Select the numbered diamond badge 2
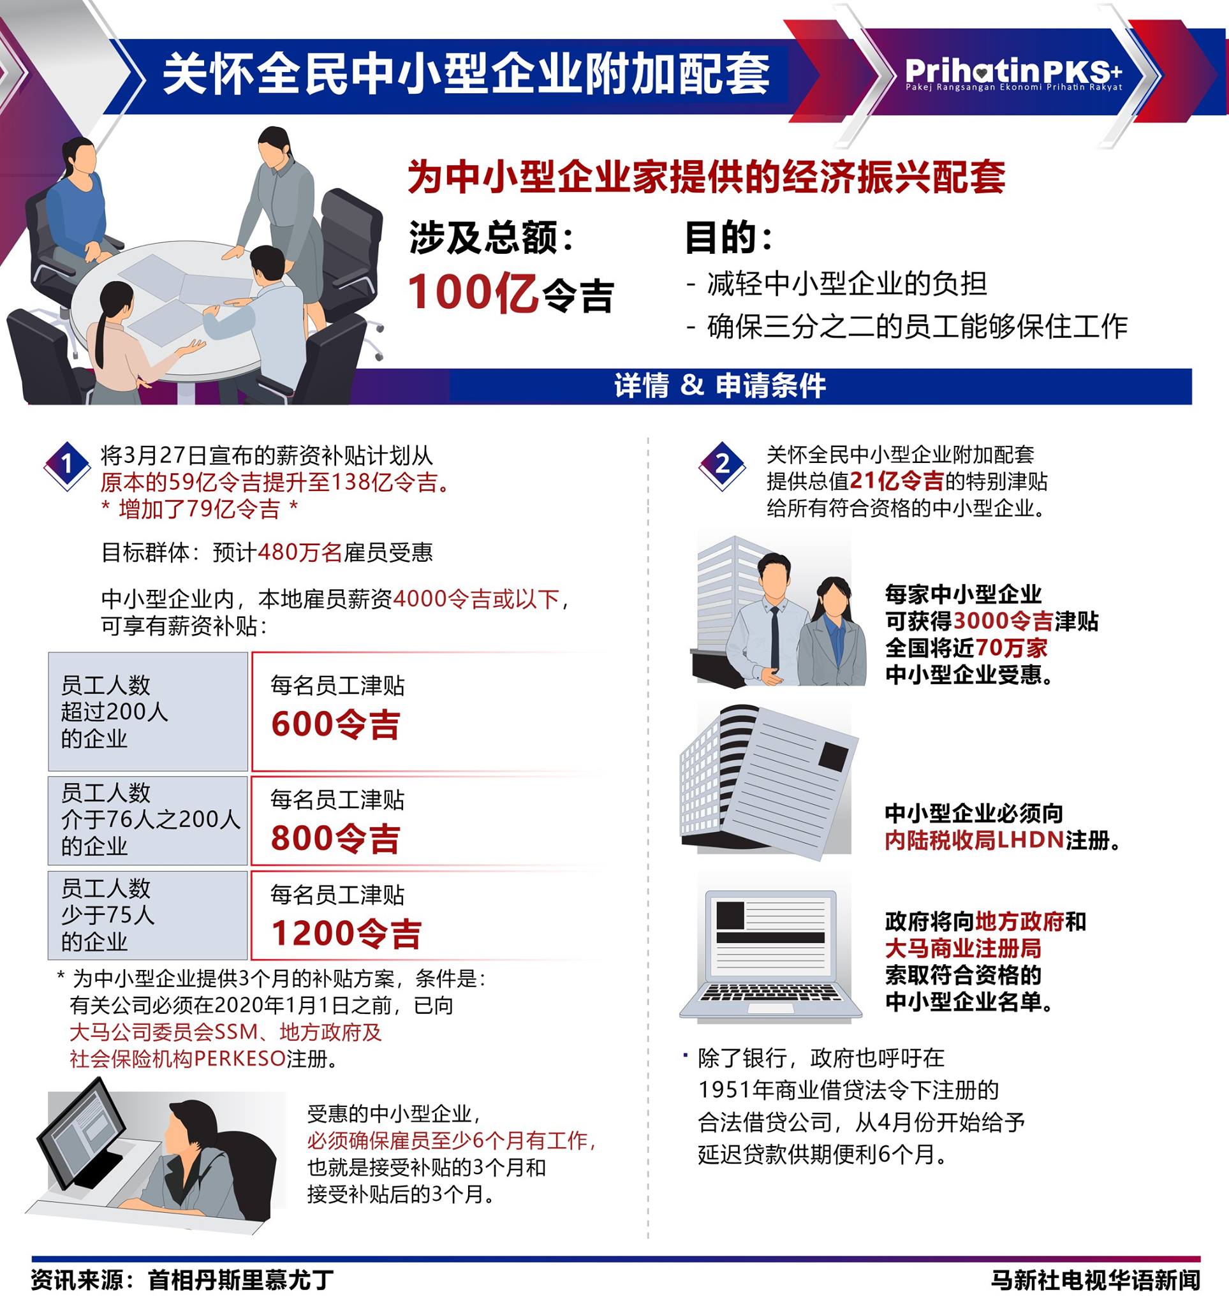[x=722, y=465]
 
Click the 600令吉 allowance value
[x=335, y=724]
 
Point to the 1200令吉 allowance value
[x=346, y=934]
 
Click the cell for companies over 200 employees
[x=148, y=712]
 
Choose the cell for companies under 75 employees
[x=148, y=915]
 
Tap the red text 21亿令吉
[x=897, y=481]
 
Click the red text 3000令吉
[x=1003, y=621]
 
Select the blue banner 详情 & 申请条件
[x=720, y=386]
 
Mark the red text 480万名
[x=300, y=552]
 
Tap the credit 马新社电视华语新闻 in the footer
[x=1095, y=1280]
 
